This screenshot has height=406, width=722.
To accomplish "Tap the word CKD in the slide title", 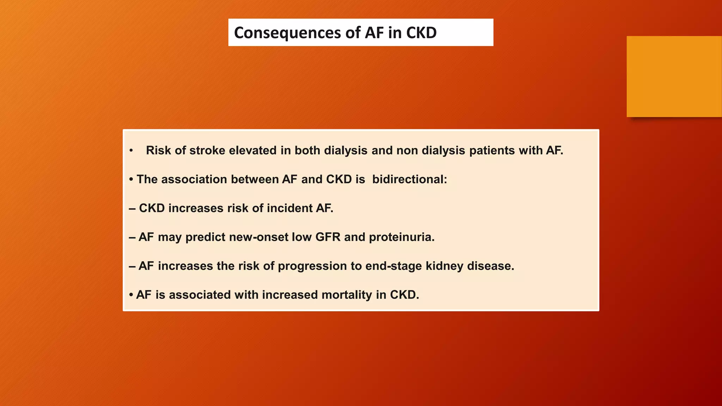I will point(421,33).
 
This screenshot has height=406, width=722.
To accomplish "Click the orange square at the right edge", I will point(674,76).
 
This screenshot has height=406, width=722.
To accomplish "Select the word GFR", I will point(328,237).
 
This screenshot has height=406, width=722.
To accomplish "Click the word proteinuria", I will point(402,237).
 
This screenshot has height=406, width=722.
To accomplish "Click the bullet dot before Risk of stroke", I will point(131,151).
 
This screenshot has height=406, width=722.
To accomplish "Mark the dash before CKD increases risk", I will point(132,209).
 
